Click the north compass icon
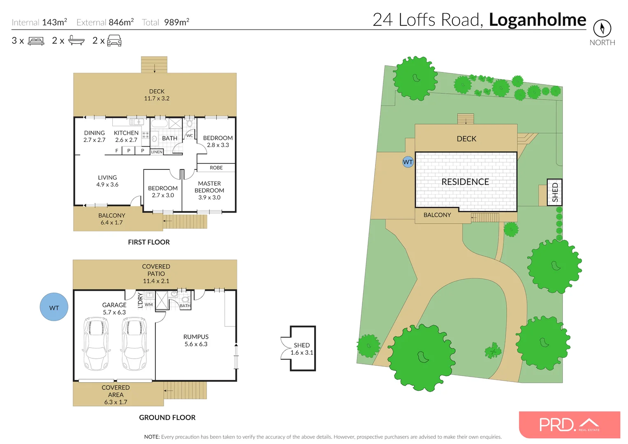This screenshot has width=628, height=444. (x=602, y=28)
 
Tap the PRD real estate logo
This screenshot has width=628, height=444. (x=569, y=425)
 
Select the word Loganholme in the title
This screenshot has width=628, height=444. (x=537, y=20)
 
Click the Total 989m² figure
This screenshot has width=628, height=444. (x=166, y=23)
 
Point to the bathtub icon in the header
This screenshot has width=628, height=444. (x=76, y=40)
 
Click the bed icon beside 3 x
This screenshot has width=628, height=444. (x=36, y=41)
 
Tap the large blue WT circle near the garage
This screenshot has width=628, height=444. (x=54, y=307)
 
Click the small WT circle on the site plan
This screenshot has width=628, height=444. (x=408, y=162)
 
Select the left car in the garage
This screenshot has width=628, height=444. (x=96, y=344)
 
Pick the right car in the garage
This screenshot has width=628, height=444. (x=134, y=344)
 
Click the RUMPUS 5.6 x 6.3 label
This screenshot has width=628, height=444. (x=196, y=340)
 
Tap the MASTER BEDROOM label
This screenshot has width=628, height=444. (x=209, y=190)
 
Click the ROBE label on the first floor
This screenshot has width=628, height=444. (x=216, y=168)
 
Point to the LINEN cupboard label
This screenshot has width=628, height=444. (x=157, y=152)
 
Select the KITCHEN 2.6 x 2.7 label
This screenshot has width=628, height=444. (x=126, y=136)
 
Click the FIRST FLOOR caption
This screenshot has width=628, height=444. (x=148, y=242)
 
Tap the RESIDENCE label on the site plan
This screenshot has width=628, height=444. (x=465, y=182)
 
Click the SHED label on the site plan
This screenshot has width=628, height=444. (x=554, y=192)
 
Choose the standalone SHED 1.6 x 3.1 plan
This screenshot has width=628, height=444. (x=302, y=349)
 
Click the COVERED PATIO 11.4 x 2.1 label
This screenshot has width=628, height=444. (x=156, y=274)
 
